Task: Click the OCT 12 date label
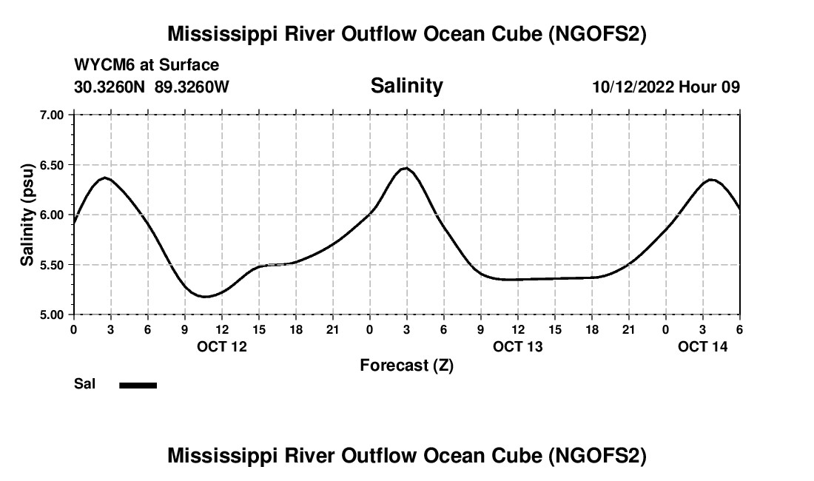coord(222,346)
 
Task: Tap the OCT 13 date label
coord(518,346)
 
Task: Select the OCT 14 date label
coord(703,346)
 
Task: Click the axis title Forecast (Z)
coord(406,365)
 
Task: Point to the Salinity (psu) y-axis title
coord(27,215)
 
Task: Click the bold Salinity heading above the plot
coord(406,86)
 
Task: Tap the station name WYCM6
coord(100,65)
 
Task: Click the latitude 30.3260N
coord(111,87)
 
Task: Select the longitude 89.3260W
coord(192,87)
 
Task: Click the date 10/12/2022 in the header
coord(632,87)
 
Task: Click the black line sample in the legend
coord(138,385)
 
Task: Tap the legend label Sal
coord(84,384)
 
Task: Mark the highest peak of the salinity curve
coord(405,168)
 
